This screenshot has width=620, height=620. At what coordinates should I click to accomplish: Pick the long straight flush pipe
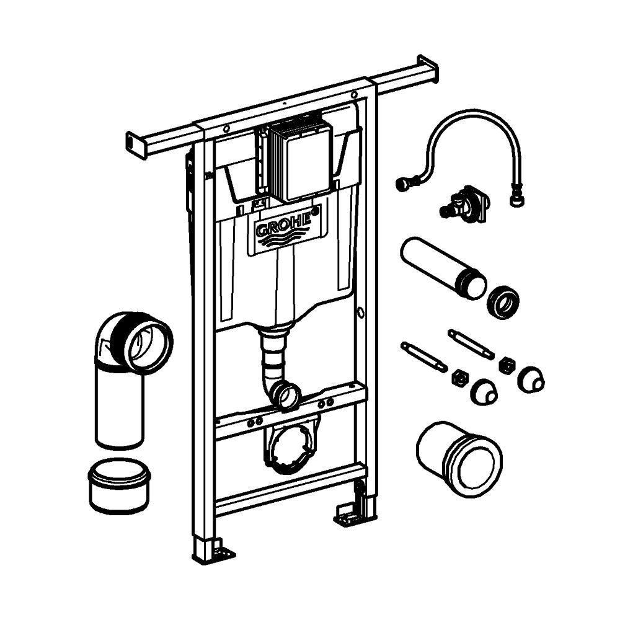(443, 266)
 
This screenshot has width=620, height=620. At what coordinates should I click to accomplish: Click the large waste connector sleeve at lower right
(459, 459)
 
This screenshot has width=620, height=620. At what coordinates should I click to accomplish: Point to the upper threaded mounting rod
(471, 344)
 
